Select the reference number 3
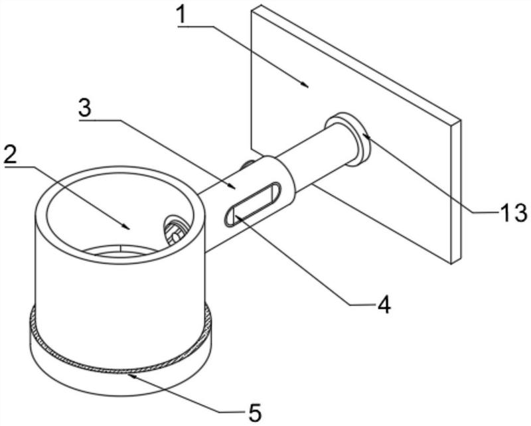(84, 108)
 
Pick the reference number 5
(255, 411)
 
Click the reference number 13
(514, 214)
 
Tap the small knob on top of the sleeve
(248, 164)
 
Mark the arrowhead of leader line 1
(306, 86)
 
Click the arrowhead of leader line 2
(128, 227)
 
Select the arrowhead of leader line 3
(233, 188)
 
